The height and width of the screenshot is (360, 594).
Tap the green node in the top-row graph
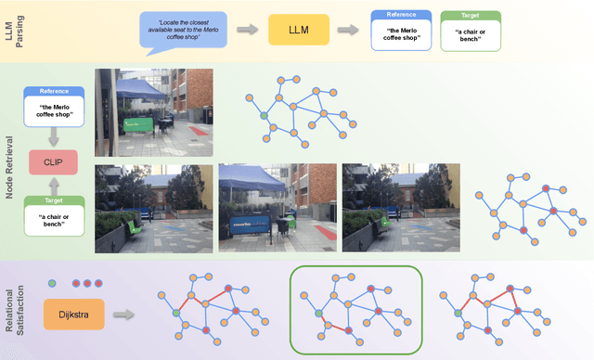click(264, 115)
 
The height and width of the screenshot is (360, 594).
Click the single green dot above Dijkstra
click(52, 283)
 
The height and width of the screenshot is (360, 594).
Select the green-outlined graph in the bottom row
click(355, 308)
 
